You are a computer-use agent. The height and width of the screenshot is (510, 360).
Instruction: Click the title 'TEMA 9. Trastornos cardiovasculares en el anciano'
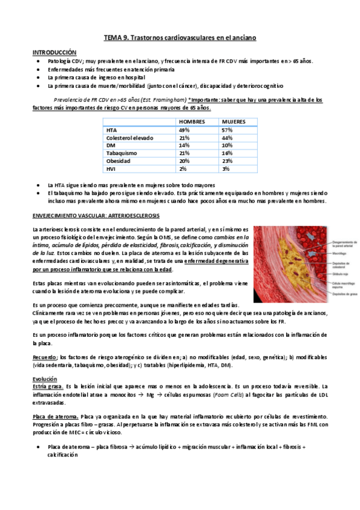[x=180, y=37]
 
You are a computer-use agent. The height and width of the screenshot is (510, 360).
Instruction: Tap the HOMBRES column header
[x=192, y=121]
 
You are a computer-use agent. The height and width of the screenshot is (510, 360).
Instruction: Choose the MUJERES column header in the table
[x=234, y=121]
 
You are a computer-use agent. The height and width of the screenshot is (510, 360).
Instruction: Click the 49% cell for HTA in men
[x=184, y=130]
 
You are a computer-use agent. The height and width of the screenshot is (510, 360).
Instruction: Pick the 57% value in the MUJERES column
[x=227, y=130]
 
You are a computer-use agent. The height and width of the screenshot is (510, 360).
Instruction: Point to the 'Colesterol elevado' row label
[x=130, y=138]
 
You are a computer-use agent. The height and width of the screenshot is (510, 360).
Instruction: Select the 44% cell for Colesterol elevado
[x=227, y=138]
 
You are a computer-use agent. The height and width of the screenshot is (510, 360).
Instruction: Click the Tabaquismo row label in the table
[x=122, y=153]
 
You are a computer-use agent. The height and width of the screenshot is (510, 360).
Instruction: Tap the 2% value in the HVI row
[x=182, y=170]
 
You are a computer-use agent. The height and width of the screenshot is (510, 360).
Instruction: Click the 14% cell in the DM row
[x=184, y=146]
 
